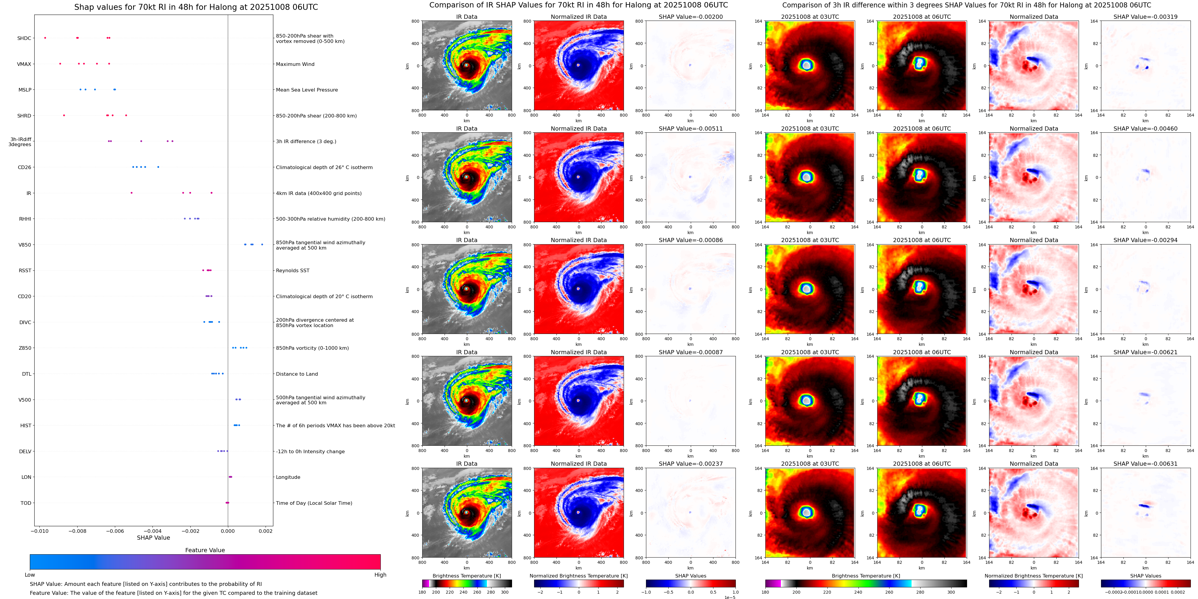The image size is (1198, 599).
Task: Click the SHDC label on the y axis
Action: tap(24, 38)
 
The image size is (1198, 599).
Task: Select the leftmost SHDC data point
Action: tap(45, 38)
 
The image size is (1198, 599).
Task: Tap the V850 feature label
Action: tap(25, 245)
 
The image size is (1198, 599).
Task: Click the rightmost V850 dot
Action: tap(262, 244)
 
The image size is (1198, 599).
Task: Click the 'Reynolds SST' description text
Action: tap(292, 270)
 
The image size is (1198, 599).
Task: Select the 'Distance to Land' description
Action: tap(297, 374)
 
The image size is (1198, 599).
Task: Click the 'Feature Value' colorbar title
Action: tap(205, 550)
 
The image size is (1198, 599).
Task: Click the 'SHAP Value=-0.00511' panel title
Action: tap(691, 129)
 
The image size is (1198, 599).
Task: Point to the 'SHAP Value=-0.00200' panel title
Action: tap(691, 17)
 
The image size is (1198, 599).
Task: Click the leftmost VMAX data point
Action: tap(60, 64)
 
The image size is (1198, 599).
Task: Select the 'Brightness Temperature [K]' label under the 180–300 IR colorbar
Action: tap(466, 576)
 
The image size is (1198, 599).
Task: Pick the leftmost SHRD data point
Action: tap(64, 115)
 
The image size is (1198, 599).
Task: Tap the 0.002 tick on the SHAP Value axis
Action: tap(266, 531)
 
